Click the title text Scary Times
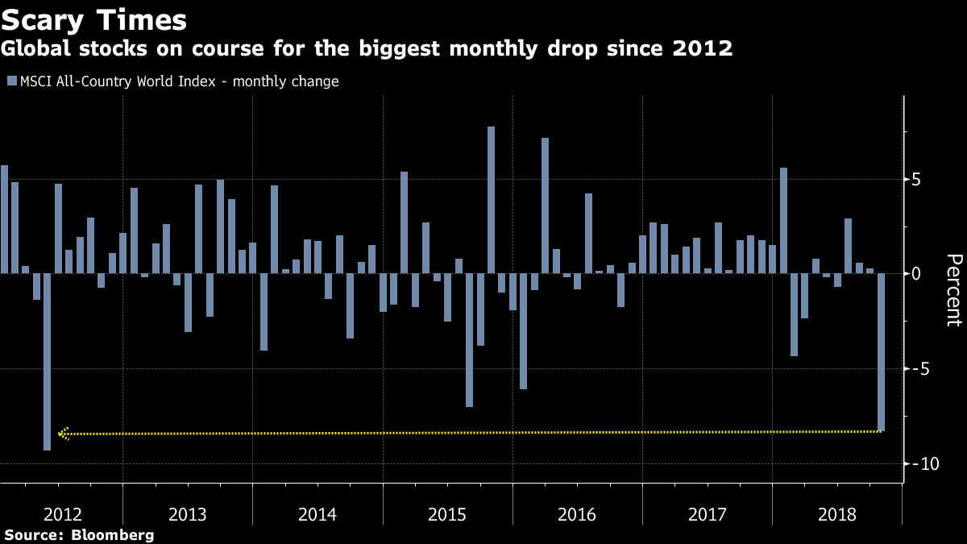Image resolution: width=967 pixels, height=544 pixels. (93, 20)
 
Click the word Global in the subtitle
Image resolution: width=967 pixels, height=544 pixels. (35, 48)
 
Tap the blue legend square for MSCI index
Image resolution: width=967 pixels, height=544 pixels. (12, 81)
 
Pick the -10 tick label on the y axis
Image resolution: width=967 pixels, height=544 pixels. (925, 464)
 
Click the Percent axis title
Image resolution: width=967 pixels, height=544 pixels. (954, 290)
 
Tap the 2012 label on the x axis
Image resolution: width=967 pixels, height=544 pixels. (63, 515)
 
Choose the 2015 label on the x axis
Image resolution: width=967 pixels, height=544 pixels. (447, 515)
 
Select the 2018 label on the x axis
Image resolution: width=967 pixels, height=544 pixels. (837, 515)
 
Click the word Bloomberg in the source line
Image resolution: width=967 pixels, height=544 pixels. (113, 535)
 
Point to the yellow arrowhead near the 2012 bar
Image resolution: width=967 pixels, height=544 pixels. (64, 434)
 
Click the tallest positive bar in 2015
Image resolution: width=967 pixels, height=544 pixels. (491, 200)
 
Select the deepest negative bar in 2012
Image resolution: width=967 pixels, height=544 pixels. (47, 362)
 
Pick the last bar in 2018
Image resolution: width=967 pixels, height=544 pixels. (881, 352)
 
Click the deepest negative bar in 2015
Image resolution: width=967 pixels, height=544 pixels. (469, 340)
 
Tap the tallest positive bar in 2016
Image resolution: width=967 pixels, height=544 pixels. (546, 206)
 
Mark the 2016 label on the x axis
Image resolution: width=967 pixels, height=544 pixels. (577, 515)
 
